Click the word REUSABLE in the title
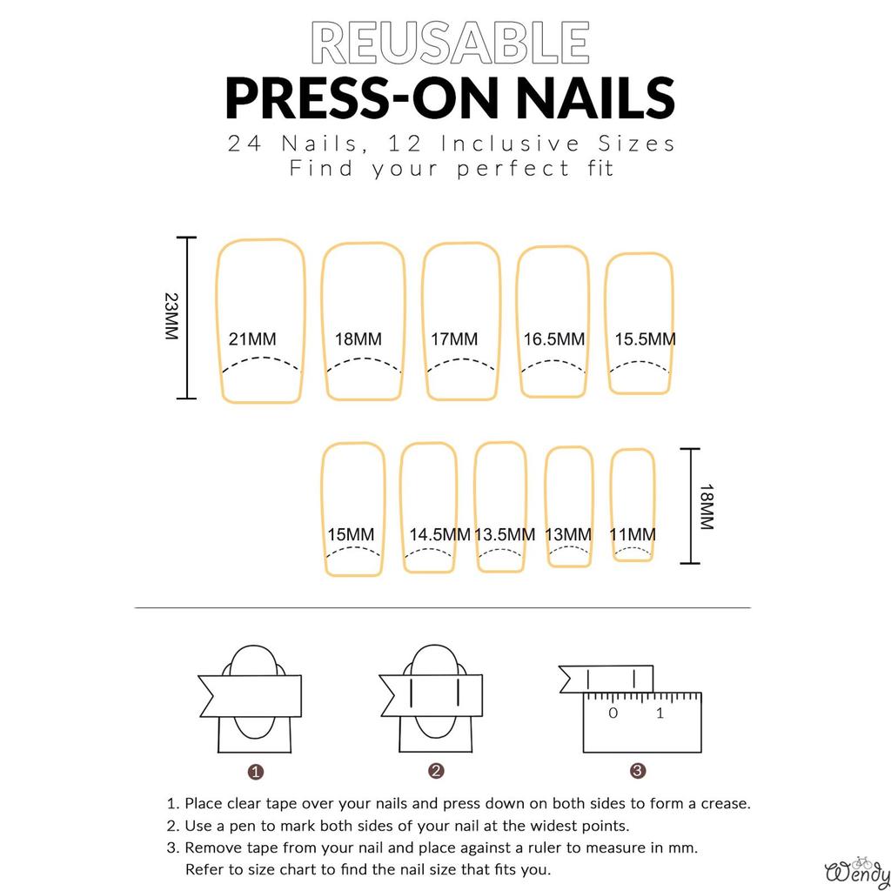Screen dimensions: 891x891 (450, 43)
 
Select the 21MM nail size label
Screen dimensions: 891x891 (252, 339)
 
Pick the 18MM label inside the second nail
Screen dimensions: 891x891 (358, 339)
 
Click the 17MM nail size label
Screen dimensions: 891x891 (454, 339)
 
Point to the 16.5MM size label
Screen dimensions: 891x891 (554, 339)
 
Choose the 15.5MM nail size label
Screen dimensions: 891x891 (646, 339)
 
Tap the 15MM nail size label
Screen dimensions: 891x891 (352, 535)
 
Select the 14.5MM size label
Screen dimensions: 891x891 (440, 535)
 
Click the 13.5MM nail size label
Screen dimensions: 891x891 (506, 535)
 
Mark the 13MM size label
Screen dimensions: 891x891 (568, 535)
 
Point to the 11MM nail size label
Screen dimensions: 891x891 (633, 535)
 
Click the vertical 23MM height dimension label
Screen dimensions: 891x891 (171, 317)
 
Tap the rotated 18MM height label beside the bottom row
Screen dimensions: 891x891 (707, 507)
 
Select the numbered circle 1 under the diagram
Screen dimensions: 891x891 (256, 772)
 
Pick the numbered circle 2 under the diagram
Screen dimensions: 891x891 (437, 771)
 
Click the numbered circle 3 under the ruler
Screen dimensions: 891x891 (638, 771)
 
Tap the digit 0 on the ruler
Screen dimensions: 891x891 (613, 713)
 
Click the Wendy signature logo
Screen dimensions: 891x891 (857, 871)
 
